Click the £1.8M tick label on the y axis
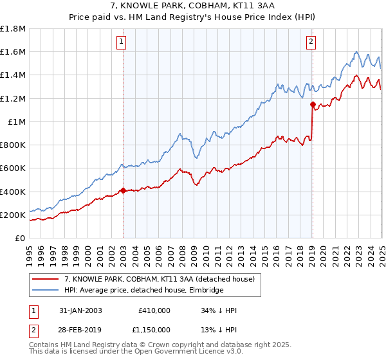point(13,29)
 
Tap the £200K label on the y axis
point(13,215)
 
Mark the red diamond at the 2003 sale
point(123,190)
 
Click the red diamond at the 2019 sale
point(313,104)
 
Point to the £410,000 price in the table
point(154,310)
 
